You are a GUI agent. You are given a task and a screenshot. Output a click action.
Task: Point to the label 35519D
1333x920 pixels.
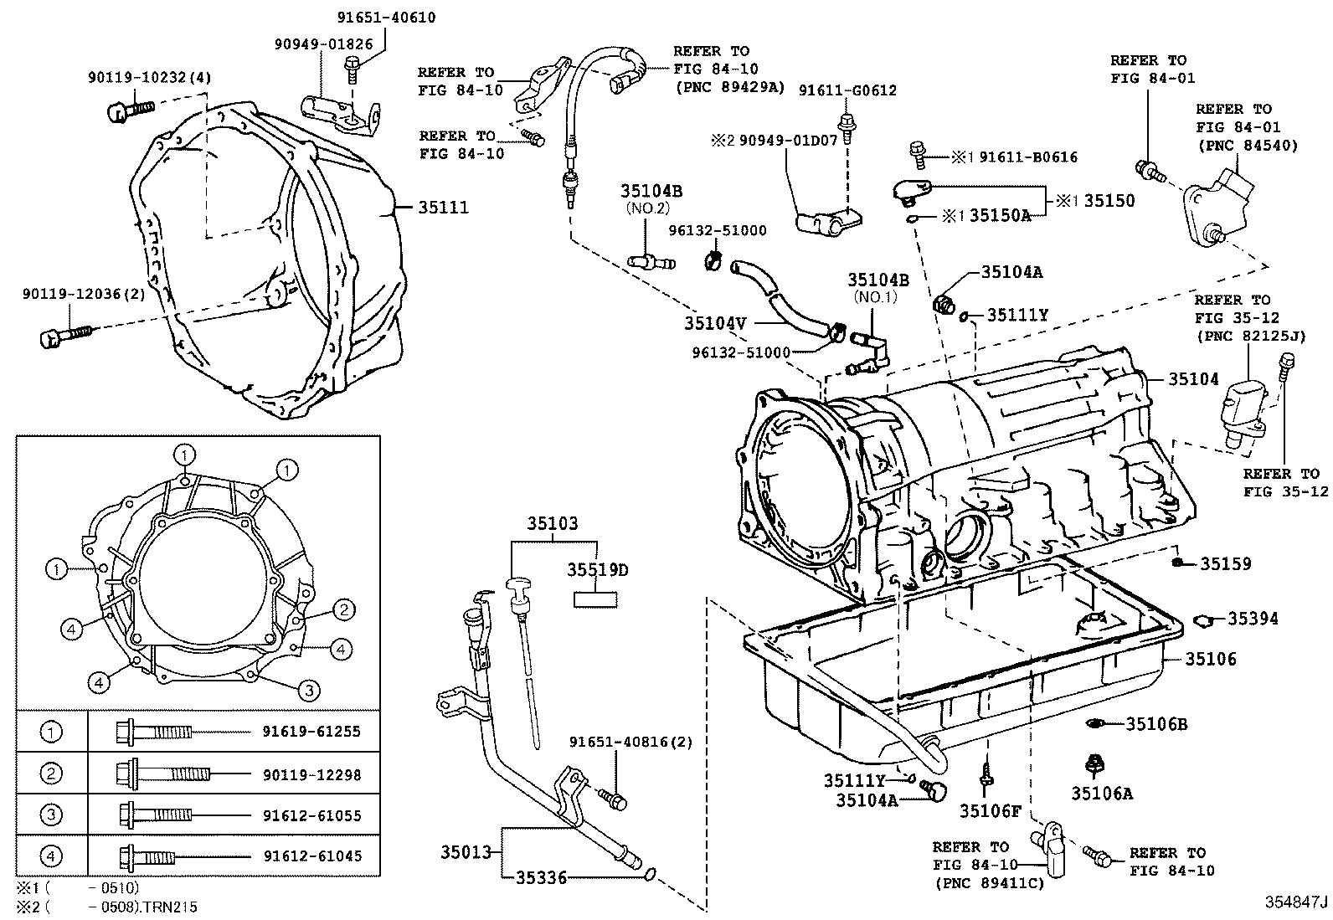(597, 570)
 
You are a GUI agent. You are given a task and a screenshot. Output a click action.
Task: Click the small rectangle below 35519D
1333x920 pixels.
(595, 599)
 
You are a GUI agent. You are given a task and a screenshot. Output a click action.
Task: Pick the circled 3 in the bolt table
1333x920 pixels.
(52, 815)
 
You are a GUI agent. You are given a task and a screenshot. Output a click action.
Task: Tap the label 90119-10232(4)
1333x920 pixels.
(150, 78)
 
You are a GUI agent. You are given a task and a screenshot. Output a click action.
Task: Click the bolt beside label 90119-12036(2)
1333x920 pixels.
(64, 336)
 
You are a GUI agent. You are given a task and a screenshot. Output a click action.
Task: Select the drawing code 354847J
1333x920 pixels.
(1296, 902)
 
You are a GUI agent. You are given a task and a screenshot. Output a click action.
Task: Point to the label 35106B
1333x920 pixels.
(1156, 724)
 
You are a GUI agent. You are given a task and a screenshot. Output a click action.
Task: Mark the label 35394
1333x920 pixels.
(1253, 619)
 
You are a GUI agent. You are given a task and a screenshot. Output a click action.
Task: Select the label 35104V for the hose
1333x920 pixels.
(714, 322)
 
